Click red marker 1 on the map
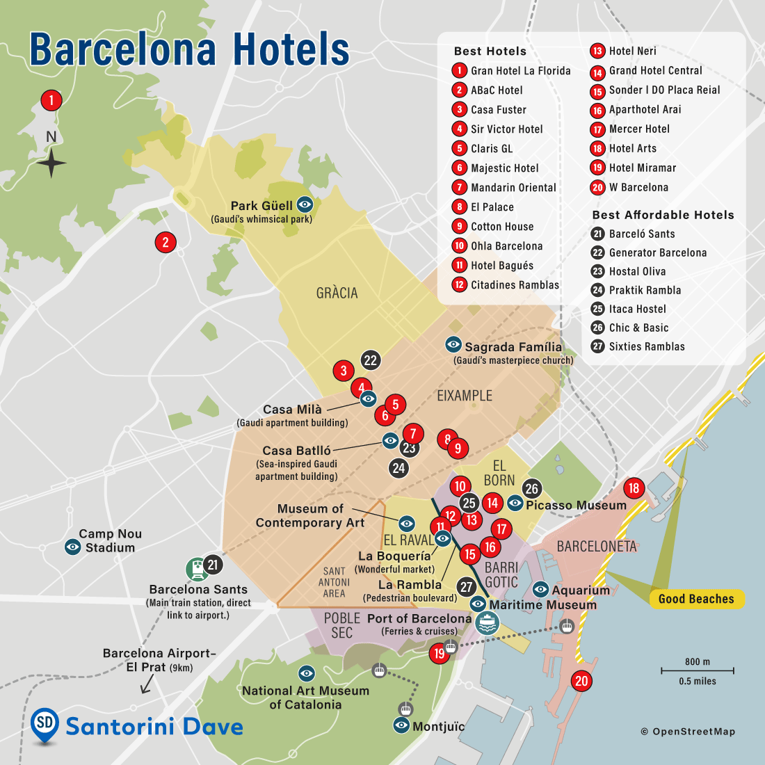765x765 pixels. point(51,100)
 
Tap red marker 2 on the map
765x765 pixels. point(166,242)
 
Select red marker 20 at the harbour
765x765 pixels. point(581,681)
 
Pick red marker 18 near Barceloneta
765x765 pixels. point(634,488)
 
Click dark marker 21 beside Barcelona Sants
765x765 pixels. point(213,565)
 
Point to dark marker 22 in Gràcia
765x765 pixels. point(370,360)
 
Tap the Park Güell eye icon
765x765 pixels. point(305,204)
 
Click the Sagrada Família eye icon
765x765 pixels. point(453,344)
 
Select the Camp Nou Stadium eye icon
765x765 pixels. point(73,547)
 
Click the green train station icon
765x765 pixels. point(197,570)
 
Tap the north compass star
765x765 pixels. point(51,163)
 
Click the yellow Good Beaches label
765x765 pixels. point(695,599)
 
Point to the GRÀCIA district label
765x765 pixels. point(337,293)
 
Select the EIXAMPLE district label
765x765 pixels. point(464,396)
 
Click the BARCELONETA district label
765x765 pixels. point(597,546)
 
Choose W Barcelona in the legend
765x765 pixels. point(638,187)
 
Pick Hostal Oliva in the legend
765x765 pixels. point(637,271)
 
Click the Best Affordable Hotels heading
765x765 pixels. point(663,215)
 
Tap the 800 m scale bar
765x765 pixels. point(697,670)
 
